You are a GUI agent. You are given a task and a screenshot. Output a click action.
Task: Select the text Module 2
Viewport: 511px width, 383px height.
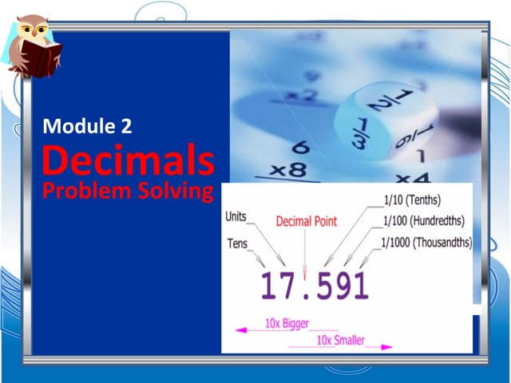[x=88, y=125]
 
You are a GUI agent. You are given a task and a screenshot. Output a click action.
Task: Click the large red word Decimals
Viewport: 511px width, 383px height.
[x=128, y=160]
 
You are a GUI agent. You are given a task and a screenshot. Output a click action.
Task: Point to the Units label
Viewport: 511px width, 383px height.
[x=236, y=216]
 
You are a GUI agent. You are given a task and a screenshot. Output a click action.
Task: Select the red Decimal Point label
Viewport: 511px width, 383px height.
[x=307, y=221]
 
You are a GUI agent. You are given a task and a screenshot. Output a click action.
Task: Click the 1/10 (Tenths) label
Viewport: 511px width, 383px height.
[x=412, y=200]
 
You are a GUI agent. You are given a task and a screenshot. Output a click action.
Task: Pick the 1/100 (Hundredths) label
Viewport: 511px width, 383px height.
[x=422, y=221]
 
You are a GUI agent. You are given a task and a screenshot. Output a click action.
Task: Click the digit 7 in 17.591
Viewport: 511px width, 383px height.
[x=292, y=286]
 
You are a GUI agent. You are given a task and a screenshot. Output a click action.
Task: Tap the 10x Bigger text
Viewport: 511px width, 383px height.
[x=287, y=324]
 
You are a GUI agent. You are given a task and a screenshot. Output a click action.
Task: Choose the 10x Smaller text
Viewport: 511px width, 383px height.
[x=341, y=341]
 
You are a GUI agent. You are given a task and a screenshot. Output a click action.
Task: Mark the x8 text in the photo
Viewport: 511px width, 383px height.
[x=288, y=169]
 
